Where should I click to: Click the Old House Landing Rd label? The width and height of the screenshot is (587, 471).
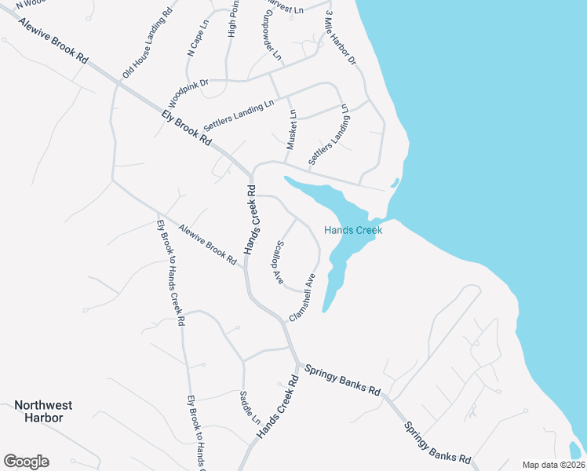coord(148,44)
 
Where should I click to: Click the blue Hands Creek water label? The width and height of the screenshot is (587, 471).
coord(353,231)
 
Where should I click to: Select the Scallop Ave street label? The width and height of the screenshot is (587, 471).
coord(278,262)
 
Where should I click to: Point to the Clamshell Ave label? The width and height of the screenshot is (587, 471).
coord(302,298)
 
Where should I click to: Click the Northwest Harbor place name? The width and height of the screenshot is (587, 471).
coord(43,411)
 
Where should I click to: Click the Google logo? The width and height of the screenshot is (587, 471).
coord(26,462)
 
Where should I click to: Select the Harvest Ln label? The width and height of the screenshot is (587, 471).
coord(287,9)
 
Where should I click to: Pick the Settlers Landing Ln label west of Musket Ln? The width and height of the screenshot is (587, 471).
coord(239,115)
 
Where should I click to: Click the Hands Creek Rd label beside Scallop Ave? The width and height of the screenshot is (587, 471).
coord(251,220)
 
